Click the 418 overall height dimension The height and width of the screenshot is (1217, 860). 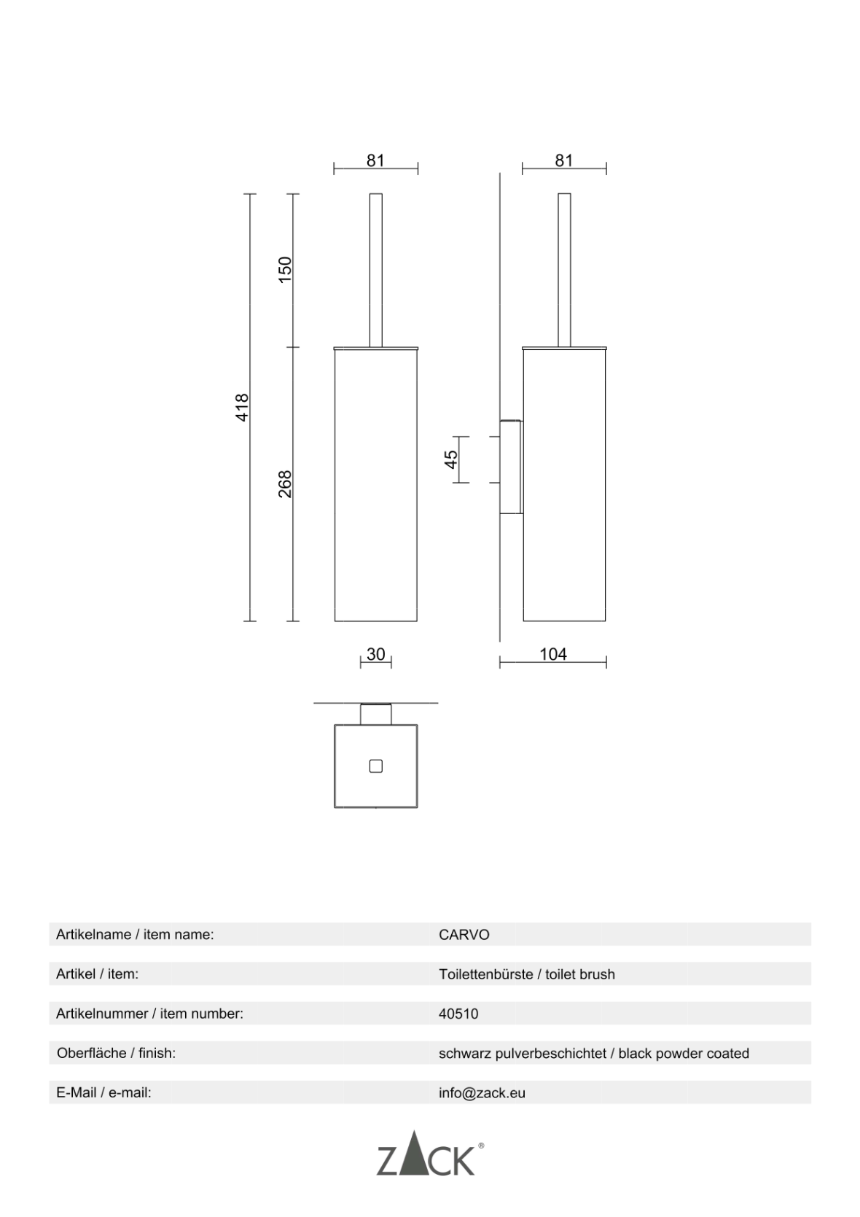click(243, 407)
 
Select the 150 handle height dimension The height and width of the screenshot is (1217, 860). click(285, 269)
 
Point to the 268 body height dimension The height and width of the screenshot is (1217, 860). click(285, 484)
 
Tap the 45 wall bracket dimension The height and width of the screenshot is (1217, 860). click(451, 459)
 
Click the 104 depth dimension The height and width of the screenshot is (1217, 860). click(553, 654)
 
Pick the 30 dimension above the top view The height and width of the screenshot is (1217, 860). click(376, 654)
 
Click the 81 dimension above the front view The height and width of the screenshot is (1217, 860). click(375, 160)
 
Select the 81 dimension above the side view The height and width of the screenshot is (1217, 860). click(564, 160)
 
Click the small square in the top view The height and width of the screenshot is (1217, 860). click(376, 766)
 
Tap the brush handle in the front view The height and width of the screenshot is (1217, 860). click(376, 270)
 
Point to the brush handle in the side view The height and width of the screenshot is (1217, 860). click(564, 270)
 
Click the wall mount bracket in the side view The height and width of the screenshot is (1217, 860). click(511, 467)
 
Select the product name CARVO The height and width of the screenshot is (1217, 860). click(464, 935)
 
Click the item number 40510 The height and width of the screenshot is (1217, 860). click(458, 1014)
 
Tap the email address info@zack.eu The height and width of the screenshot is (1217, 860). click(482, 1093)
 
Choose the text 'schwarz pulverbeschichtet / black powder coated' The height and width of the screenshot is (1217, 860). click(594, 1054)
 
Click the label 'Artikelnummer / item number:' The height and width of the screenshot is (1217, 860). click(149, 1014)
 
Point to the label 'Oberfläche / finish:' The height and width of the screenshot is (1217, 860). click(116, 1053)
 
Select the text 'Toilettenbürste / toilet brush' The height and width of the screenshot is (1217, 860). click(527, 974)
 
